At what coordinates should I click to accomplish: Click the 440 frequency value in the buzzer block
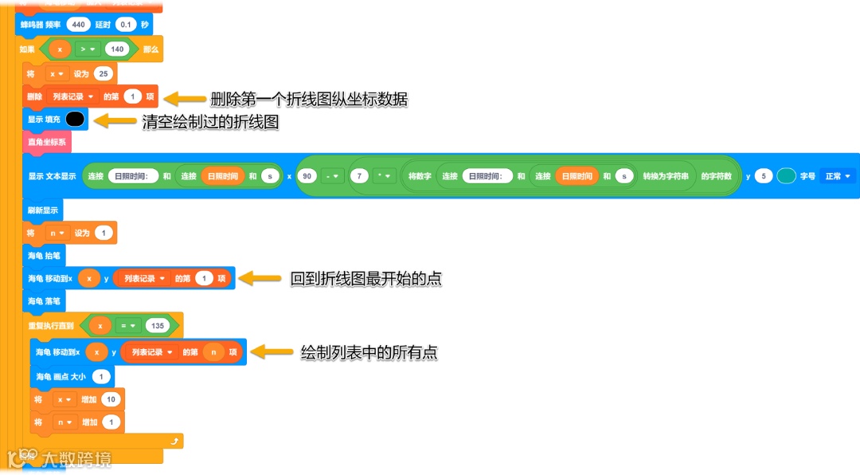pyautogui.click(x=78, y=25)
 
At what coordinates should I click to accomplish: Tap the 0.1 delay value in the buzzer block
pyautogui.click(x=126, y=25)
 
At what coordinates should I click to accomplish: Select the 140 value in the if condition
pyautogui.click(x=117, y=49)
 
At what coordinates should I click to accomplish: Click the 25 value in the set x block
pyautogui.click(x=104, y=74)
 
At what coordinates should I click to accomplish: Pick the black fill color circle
pyautogui.click(x=75, y=120)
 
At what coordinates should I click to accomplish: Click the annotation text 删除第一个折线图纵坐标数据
pyautogui.click(x=309, y=99)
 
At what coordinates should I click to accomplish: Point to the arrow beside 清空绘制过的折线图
pyautogui.click(x=116, y=121)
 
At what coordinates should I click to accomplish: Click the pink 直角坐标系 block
pyautogui.click(x=47, y=143)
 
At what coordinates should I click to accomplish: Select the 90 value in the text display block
pyautogui.click(x=305, y=176)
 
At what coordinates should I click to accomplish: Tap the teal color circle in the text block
pyautogui.click(x=786, y=176)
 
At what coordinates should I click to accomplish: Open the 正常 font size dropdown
pyautogui.click(x=838, y=176)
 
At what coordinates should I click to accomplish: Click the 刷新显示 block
pyautogui.click(x=43, y=210)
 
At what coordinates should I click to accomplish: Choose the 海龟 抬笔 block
pyautogui.click(x=44, y=256)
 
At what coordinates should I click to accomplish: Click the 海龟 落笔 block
pyautogui.click(x=44, y=301)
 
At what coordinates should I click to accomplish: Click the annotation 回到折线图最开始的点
pyautogui.click(x=365, y=279)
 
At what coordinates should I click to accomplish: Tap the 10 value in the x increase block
pyautogui.click(x=111, y=399)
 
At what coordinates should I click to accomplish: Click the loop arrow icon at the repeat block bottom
pyautogui.click(x=173, y=440)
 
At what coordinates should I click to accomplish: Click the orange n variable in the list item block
pyautogui.click(x=213, y=352)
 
